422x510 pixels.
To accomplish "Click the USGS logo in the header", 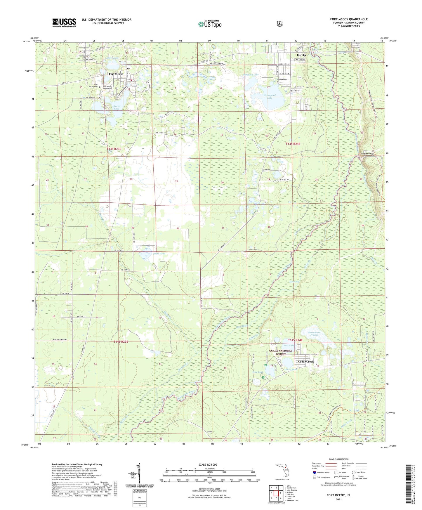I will click(64, 22).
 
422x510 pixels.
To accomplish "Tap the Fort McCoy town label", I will click(116, 74).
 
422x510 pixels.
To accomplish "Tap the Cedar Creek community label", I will click(306, 362).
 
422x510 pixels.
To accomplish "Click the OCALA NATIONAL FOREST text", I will click(281, 352).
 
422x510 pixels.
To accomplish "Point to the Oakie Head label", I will click(159, 254).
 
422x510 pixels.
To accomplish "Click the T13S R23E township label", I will click(114, 149).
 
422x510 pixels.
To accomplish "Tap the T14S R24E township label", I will click(295, 340).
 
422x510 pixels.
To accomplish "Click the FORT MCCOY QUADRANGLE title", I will click(349, 19).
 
